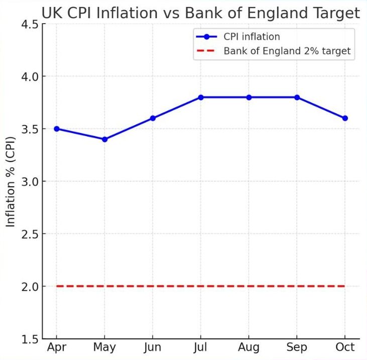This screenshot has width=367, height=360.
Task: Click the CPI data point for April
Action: [57, 129]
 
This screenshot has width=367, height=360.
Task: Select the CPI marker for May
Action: [104, 139]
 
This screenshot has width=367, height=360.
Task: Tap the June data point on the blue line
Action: [153, 118]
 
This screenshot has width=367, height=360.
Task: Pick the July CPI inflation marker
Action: [201, 97]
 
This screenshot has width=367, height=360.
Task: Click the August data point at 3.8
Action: [249, 97]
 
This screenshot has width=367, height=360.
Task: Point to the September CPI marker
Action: [297, 97]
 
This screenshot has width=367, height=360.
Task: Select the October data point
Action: [345, 118]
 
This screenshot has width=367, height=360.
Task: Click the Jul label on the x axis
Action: [201, 347]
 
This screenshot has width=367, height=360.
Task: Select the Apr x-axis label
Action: [57, 347]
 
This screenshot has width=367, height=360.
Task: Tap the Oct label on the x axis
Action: [345, 347]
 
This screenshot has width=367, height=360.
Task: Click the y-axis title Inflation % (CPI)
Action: [11, 181]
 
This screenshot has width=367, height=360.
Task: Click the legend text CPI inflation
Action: [252, 37]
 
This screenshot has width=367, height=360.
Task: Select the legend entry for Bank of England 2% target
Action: [287, 51]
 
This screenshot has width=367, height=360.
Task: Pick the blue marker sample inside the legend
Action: [206, 37]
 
